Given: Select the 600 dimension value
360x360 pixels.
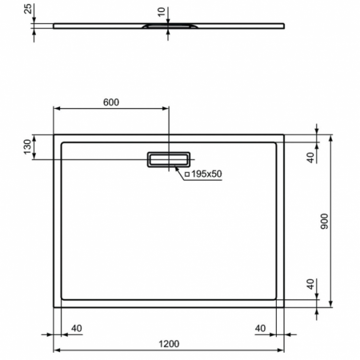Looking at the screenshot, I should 111,102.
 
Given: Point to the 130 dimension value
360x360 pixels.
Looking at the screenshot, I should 27,146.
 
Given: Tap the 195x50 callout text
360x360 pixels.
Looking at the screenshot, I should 206,174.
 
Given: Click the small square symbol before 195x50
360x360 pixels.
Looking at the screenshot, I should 186,174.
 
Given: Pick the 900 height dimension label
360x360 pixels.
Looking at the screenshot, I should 324,222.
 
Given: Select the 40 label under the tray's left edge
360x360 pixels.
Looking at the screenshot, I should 77,327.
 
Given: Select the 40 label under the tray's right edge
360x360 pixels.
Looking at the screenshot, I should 260,327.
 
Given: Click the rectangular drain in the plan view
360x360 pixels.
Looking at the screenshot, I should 169,158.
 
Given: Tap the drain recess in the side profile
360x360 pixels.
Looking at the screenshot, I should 168,27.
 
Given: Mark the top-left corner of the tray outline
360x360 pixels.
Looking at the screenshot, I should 54,134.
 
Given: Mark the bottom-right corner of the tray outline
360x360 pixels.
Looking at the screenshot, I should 285,307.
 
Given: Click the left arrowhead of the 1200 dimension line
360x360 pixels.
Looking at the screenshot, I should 57,350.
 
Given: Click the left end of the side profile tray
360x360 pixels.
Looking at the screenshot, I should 54,25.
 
